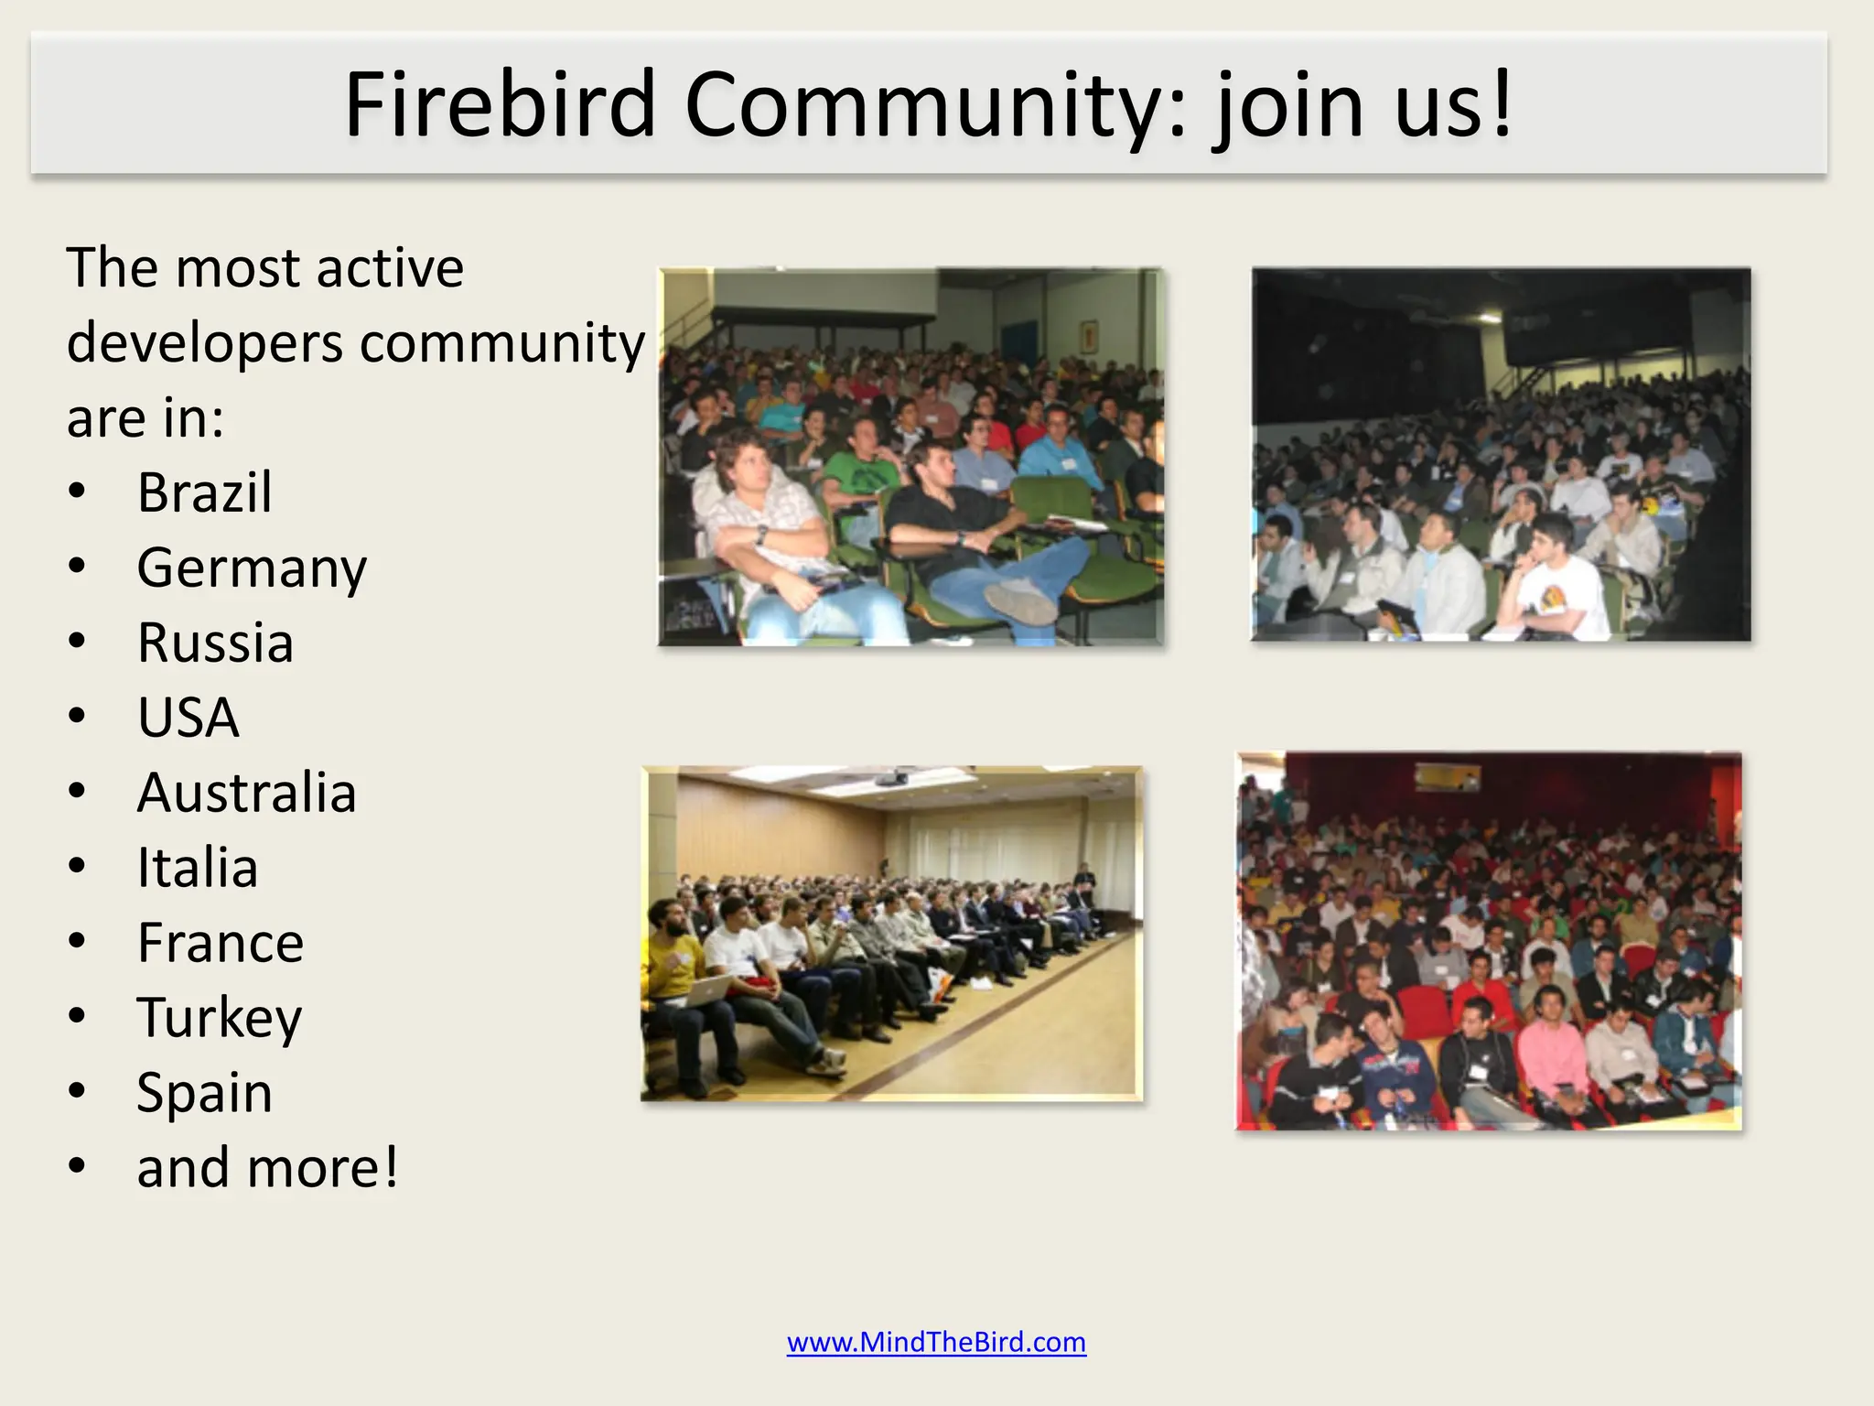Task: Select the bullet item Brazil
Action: pos(204,492)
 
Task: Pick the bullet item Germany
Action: pos(252,568)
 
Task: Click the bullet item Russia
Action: pos(215,643)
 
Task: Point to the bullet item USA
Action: pos(188,718)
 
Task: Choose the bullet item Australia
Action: pos(246,793)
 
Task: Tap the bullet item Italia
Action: pos(198,868)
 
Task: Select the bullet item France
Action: pos(220,943)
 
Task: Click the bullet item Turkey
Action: pos(219,1018)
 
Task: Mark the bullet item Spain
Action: pos(204,1093)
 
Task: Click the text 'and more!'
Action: pos(267,1168)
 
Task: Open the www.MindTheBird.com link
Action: pos(936,1342)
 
